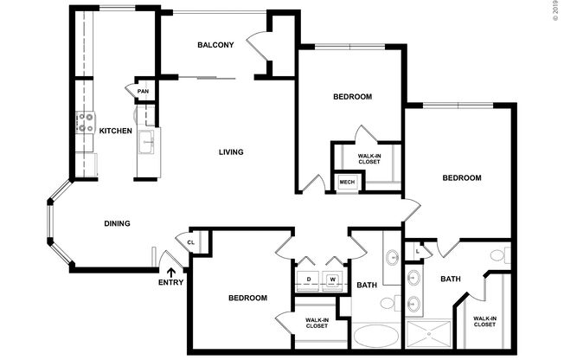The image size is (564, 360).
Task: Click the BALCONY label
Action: coord(215,45)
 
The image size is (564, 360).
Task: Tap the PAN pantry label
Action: coord(143,91)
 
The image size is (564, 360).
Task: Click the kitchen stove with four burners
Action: coord(85,122)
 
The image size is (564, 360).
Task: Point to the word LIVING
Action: coord(230,152)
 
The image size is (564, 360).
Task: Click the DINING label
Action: coord(117,223)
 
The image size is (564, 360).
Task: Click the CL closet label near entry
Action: coord(190,243)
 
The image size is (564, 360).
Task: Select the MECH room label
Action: coord(347,182)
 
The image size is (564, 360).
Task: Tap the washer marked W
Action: coord(332,279)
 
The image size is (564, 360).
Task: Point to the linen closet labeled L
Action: coord(418,251)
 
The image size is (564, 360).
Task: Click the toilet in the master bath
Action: coord(497,256)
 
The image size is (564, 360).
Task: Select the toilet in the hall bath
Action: coord(397,303)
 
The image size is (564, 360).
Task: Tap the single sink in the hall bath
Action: coord(392,256)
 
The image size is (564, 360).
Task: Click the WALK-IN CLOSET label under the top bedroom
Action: coord(369,159)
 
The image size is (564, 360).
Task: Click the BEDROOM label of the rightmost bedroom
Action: coord(461,178)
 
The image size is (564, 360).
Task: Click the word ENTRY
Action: coord(170,283)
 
